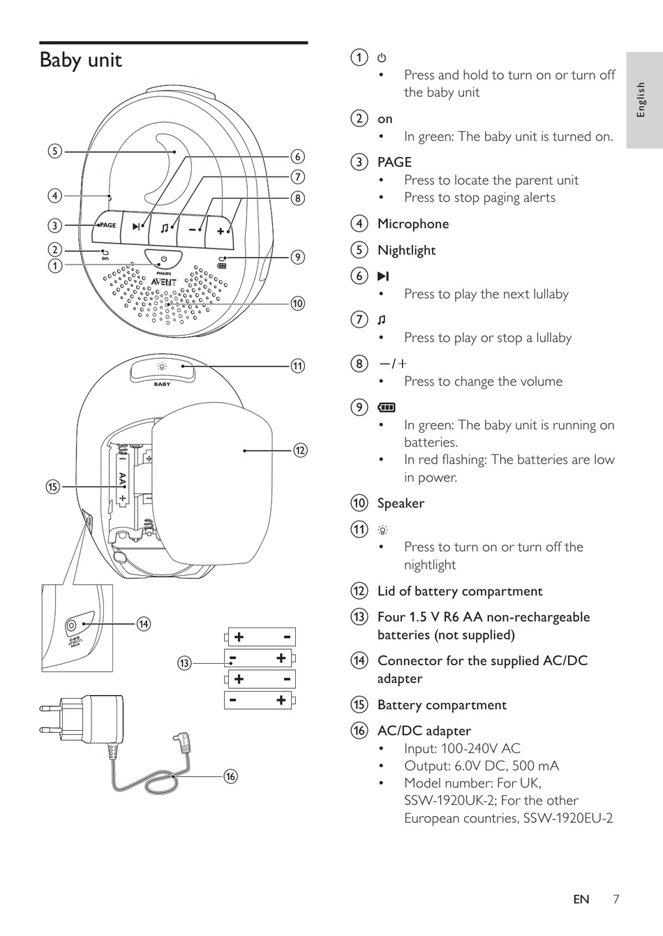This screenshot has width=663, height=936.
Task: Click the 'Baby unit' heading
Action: coord(80,61)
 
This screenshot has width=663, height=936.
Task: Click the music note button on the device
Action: coord(164,228)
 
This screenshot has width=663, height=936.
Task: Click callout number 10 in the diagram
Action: coord(298,303)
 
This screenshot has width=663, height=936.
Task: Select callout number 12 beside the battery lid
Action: coord(300,450)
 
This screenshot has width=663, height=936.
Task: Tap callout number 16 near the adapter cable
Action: coord(231,776)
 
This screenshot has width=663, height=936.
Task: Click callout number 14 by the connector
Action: coord(143,624)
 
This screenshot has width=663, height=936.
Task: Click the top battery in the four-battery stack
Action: coord(260,637)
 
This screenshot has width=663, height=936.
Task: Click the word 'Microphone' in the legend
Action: coord(412,224)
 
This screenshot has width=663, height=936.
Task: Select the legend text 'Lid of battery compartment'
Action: coord(459,591)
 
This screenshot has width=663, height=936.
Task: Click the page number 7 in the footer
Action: coord(616,899)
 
